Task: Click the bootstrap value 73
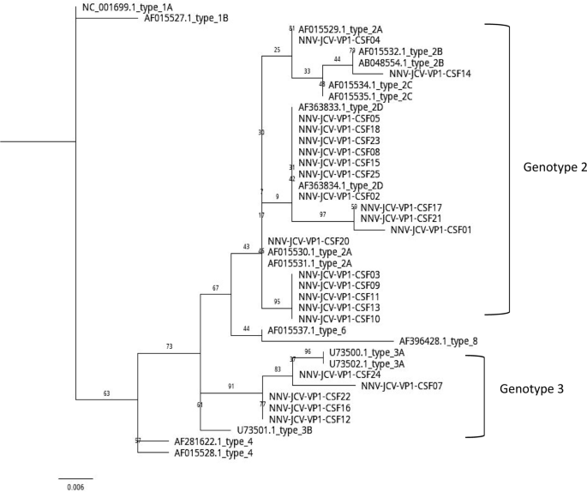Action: (171, 346)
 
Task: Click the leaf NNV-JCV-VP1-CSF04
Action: (339, 40)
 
